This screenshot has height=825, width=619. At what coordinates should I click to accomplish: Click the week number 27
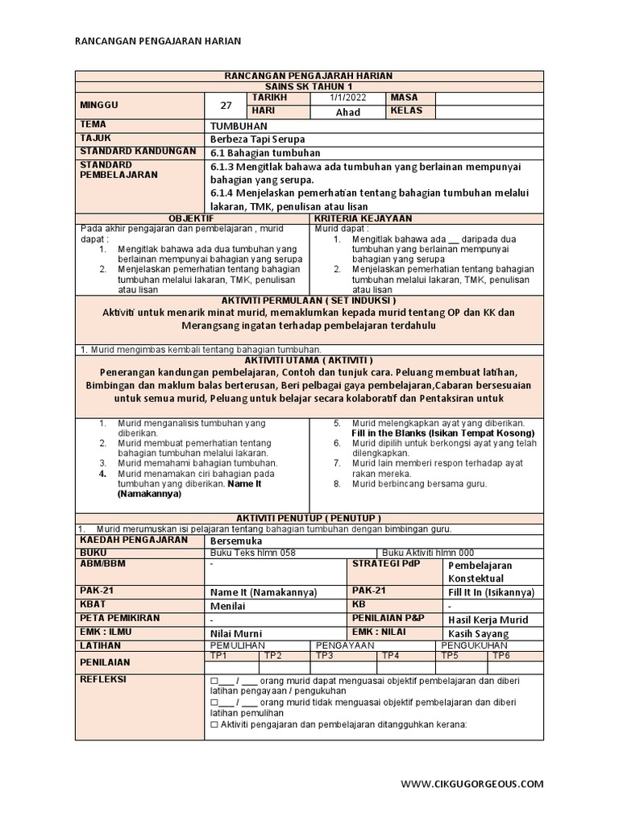[226, 104]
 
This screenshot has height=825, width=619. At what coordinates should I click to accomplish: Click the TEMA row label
[93, 125]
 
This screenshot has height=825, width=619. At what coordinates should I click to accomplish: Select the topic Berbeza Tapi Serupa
[252, 139]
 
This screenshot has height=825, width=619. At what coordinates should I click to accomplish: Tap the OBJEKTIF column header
[191, 218]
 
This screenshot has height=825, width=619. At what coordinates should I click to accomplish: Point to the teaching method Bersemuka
[238, 541]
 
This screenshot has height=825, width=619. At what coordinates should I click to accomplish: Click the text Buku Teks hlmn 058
[252, 553]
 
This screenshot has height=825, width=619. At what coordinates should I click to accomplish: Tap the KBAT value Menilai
[228, 606]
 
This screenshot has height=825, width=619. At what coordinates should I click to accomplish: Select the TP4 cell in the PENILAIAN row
[390, 655]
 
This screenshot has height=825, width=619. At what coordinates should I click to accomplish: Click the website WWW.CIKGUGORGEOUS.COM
[472, 783]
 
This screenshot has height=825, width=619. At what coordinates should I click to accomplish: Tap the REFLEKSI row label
[105, 679]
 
